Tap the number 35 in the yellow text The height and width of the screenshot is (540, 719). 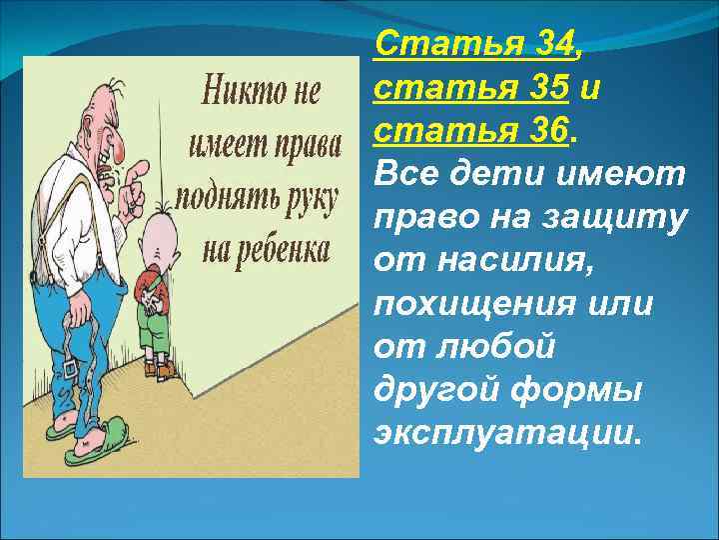(x=546, y=89)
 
